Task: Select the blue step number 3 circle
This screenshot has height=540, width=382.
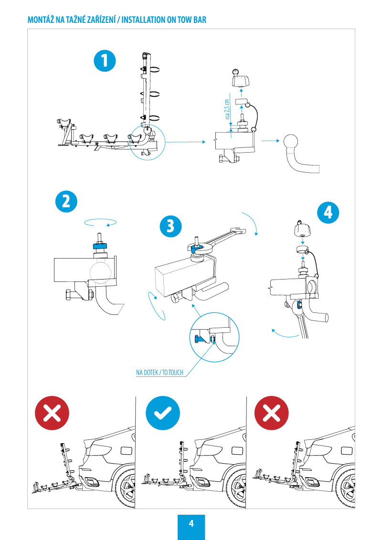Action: [170, 226]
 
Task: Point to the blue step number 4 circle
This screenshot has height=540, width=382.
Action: [328, 213]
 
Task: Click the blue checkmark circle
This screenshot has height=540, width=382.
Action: [163, 413]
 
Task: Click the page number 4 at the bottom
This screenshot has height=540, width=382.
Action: [191, 524]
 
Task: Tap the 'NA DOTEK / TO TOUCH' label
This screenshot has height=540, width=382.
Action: [159, 373]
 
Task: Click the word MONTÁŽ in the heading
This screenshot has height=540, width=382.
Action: [41, 21]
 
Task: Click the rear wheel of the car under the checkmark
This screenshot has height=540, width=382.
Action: [239, 487]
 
